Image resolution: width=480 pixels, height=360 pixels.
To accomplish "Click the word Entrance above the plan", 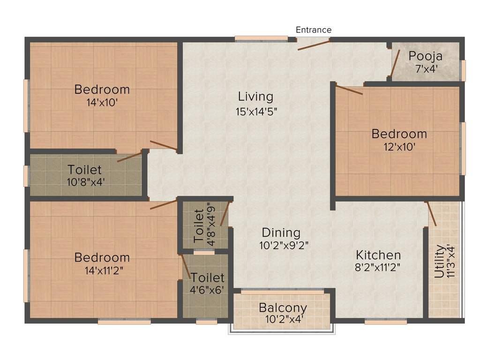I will click(x=314, y=30).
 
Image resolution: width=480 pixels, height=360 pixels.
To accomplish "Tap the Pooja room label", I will click(x=425, y=57).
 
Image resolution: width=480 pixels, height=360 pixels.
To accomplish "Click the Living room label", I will click(x=255, y=97).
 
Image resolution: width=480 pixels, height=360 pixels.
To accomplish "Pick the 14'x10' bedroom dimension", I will click(x=102, y=102).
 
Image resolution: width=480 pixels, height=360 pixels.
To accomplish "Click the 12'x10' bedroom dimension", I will click(x=399, y=146).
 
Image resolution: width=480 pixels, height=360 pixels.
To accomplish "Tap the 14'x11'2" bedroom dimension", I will click(x=102, y=270).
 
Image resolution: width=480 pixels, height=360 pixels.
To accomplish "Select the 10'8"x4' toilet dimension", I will click(x=84, y=181).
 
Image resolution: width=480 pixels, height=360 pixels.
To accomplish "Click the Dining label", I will click(x=281, y=232).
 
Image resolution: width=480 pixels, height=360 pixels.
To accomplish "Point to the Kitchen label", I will click(x=378, y=255).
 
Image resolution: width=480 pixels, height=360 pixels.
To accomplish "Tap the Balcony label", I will click(x=283, y=308).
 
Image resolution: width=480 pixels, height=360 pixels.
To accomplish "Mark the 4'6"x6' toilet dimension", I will click(x=207, y=290).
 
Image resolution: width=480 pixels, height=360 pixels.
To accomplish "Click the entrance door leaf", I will click(x=314, y=45).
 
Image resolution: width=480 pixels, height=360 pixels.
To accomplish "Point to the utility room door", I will click(x=431, y=214).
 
